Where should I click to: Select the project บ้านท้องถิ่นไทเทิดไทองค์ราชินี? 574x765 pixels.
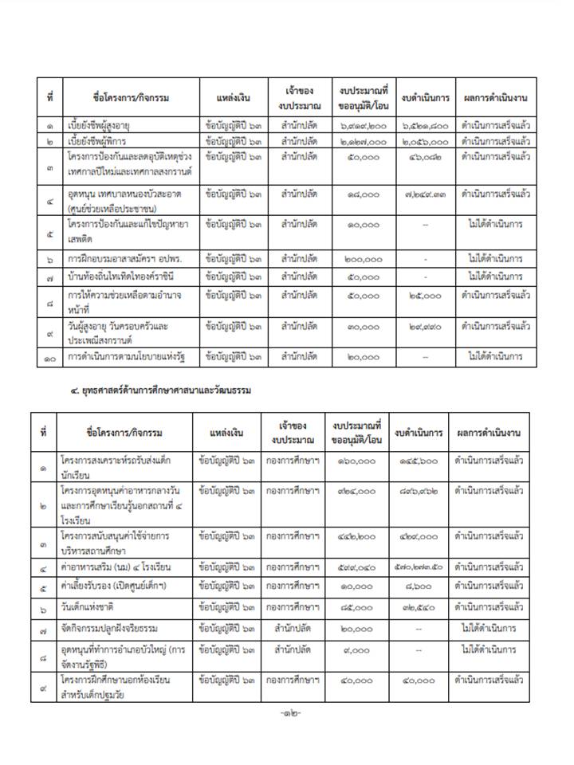(120, 277)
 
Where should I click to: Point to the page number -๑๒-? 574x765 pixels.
(286, 712)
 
